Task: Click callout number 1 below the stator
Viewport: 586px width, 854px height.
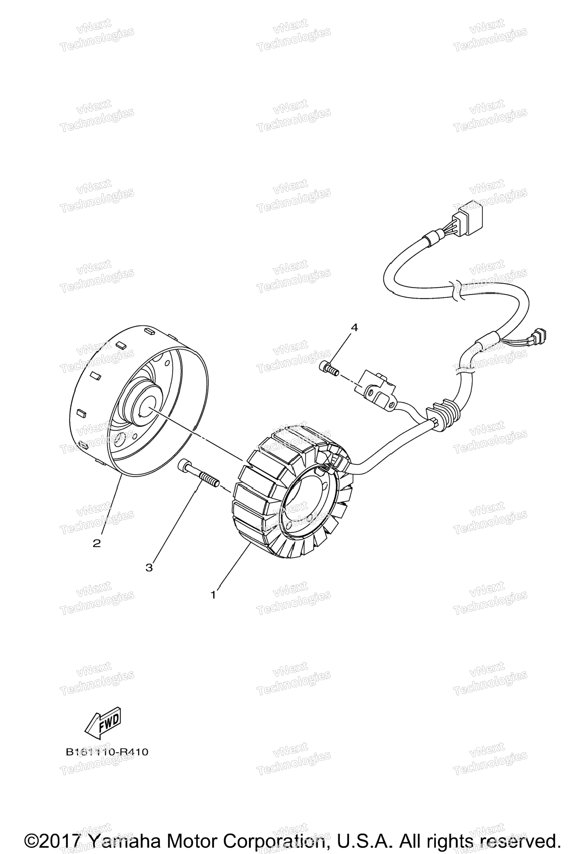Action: (213, 595)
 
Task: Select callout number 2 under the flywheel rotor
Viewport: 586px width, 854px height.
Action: (97, 543)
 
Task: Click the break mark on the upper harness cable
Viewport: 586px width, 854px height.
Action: (455, 290)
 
